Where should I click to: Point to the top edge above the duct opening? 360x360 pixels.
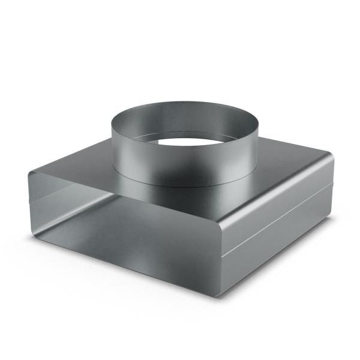120,193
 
